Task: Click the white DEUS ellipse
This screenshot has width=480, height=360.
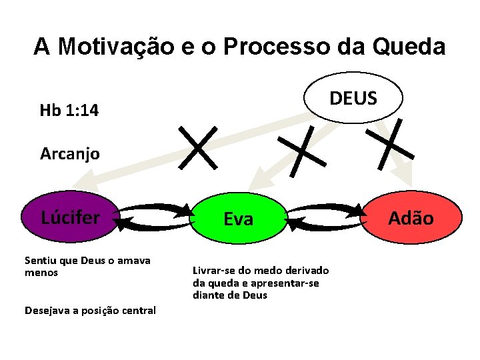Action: (353, 98)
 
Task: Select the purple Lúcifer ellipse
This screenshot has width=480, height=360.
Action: (71, 217)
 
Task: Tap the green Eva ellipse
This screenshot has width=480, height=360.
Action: (238, 219)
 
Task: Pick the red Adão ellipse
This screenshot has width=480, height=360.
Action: (411, 218)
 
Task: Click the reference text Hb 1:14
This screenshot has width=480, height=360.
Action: (69, 111)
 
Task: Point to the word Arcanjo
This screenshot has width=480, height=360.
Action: (70, 154)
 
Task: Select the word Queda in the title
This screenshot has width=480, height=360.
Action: (409, 47)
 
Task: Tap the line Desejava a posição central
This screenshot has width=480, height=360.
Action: (90, 310)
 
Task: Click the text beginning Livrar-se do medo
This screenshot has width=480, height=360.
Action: (260, 283)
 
